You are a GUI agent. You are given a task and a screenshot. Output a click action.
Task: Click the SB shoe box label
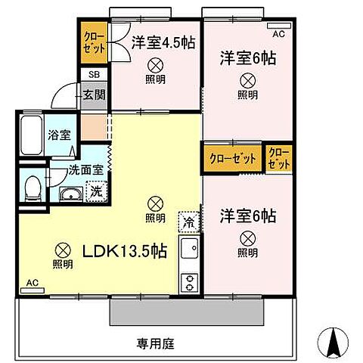[94, 75]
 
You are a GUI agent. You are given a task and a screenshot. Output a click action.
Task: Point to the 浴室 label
[58, 136]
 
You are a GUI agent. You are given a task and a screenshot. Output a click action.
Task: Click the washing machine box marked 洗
[97, 191]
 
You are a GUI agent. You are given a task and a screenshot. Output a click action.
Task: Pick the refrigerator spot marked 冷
[188, 222]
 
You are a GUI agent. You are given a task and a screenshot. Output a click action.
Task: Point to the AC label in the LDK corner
[33, 283]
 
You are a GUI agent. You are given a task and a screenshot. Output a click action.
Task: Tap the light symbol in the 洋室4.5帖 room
[155, 65]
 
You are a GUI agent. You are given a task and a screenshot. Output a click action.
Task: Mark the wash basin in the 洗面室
[72, 195]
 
